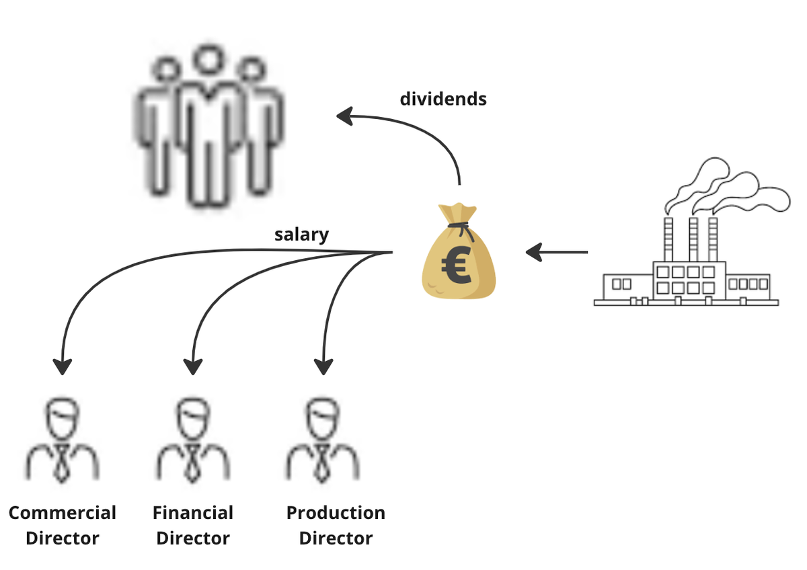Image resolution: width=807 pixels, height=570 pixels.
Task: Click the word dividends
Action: pyautogui.click(x=443, y=99)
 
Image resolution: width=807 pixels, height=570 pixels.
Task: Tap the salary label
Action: pyautogui.click(x=301, y=235)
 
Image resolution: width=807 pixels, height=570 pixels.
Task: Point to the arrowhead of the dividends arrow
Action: pyautogui.click(x=345, y=117)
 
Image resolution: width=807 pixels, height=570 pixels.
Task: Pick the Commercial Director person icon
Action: pyautogui.click(x=63, y=440)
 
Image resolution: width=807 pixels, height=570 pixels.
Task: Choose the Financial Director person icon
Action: pyautogui.click(x=193, y=440)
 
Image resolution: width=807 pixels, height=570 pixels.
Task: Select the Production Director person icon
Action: pyautogui.click(x=323, y=440)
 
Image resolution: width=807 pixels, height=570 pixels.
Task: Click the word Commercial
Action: pyautogui.click(x=63, y=513)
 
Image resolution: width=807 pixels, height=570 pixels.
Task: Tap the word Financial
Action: pyautogui.click(x=193, y=513)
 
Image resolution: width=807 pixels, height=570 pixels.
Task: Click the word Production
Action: pyautogui.click(x=336, y=513)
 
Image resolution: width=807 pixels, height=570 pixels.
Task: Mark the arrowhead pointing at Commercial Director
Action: pyautogui.click(x=63, y=366)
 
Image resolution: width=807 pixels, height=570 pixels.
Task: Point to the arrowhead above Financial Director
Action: pyautogui.click(x=193, y=366)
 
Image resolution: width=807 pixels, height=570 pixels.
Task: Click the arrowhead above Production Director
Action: pyautogui.click(x=323, y=366)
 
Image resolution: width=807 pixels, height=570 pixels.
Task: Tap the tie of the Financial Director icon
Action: pyautogui.click(x=193, y=463)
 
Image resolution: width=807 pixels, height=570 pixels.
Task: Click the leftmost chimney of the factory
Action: pyautogui.click(x=668, y=239)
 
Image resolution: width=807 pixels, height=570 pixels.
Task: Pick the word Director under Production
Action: pyautogui.click(x=336, y=538)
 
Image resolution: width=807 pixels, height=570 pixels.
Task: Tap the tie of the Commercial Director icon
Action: pyautogui.click(x=63, y=463)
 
